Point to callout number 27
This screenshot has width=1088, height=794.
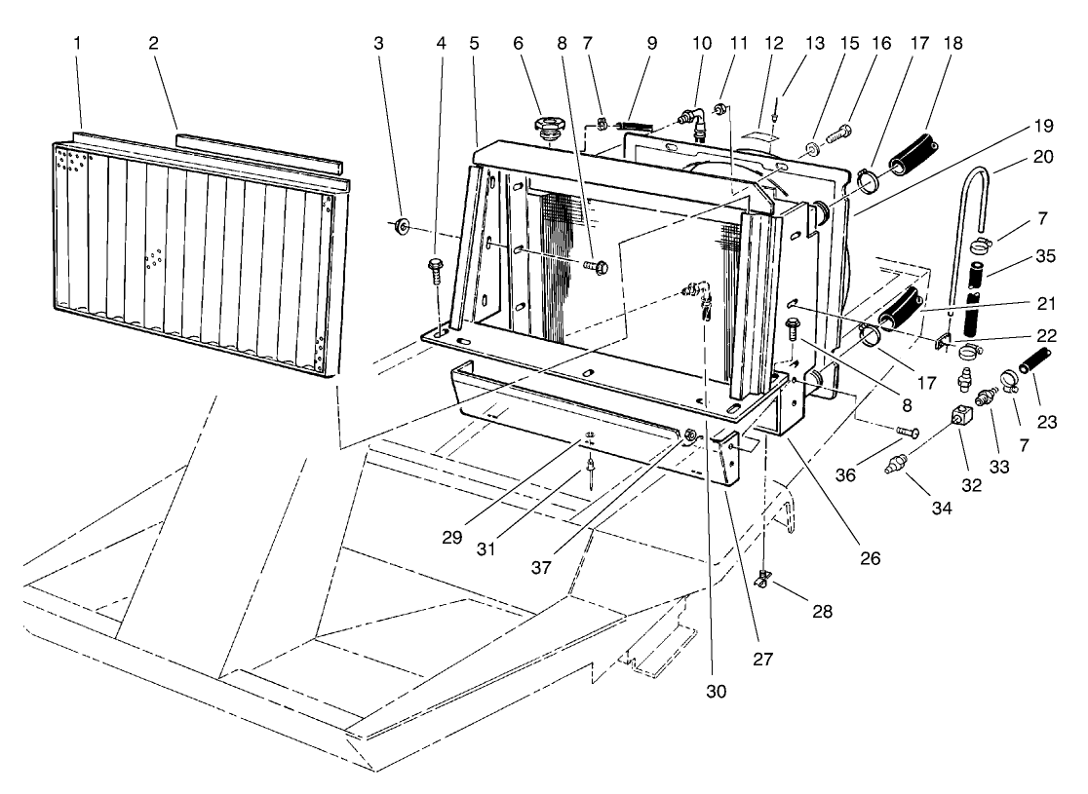[762, 659]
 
